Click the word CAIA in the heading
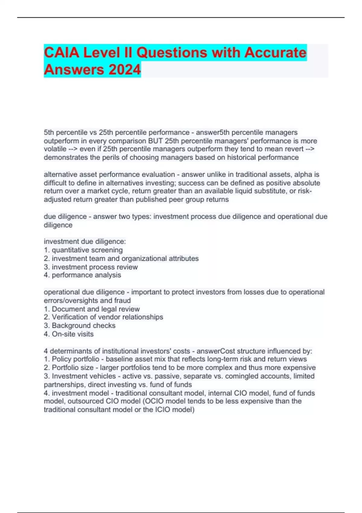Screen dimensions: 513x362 coord(62,53)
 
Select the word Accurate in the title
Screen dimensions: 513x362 coord(275,53)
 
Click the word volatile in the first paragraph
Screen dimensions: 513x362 coord(55,149)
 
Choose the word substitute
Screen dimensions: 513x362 coord(279,191)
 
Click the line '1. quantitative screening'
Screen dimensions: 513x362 coord(83,250)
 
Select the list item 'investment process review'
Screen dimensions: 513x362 coord(95,267)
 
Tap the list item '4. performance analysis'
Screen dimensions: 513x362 coord(82,275)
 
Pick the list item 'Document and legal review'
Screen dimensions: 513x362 coord(96,309)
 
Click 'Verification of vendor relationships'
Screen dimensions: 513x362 coord(107,317)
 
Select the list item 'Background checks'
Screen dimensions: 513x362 coord(84,326)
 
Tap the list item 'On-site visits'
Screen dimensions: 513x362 coord(72,334)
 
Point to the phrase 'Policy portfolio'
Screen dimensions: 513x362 coord(75,359)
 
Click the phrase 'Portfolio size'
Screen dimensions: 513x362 coord(72,368)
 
